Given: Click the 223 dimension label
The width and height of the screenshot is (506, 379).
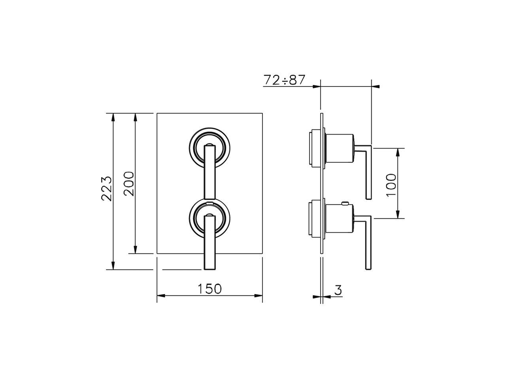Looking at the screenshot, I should (106, 189).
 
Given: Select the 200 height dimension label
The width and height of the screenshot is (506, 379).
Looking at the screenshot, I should (129, 184).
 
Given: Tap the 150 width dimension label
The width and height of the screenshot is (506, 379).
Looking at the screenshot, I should (210, 289).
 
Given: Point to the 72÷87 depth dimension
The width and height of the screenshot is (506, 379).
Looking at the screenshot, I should (284, 80).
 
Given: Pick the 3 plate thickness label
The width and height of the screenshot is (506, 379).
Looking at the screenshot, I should (338, 290).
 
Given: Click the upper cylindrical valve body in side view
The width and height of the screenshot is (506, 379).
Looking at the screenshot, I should (339, 148).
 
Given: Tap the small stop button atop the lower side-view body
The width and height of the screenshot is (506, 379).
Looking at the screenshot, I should (346, 204).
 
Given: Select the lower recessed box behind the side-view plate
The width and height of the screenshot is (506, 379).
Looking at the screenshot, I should (315, 219).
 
